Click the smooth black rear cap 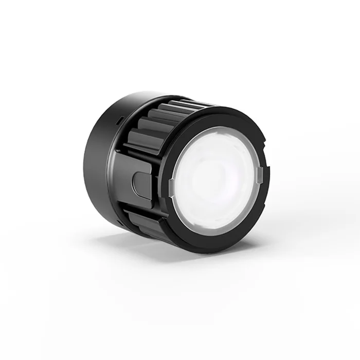[x=98, y=165]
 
